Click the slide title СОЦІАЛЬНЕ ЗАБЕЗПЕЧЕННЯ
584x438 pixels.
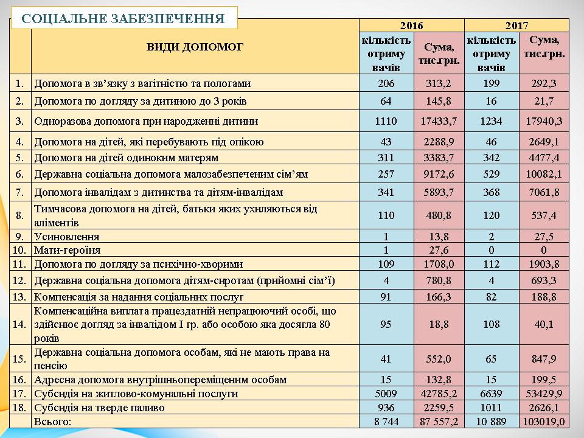(122, 18)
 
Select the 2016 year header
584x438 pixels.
(411, 26)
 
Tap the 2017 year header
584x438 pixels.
(516, 26)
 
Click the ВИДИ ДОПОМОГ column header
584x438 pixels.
(195, 47)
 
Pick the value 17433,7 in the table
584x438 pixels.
(439, 121)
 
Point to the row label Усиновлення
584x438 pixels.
(67, 236)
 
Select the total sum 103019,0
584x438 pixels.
(543, 421)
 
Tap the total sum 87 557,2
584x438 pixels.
(439, 421)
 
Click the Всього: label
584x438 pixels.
(53, 421)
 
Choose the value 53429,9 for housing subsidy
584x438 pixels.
(543, 394)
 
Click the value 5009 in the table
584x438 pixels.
(386, 394)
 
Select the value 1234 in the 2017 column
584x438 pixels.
(491, 121)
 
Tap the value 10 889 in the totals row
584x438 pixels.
(491, 421)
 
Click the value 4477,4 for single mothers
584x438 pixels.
(543, 158)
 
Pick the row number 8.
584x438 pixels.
(20, 215)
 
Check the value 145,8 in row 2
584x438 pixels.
(439, 100)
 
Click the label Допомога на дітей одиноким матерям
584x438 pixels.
(126, 158)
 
